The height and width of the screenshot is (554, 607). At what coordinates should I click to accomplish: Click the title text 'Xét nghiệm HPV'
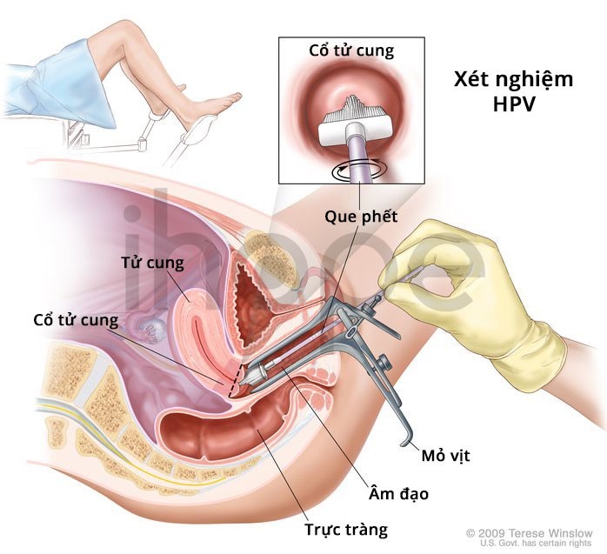[513, 91]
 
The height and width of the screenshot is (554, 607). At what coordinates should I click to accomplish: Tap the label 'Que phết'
[361, 217]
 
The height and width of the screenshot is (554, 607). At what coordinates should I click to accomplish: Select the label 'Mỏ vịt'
[445, 456]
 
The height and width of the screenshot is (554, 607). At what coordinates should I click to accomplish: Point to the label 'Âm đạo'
[398, 493]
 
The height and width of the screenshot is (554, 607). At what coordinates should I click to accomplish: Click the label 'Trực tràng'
[346, 530]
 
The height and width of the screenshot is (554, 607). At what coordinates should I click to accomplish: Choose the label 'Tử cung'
[153, 263]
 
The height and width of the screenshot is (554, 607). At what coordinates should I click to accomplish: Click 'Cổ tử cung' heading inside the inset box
[351, 51]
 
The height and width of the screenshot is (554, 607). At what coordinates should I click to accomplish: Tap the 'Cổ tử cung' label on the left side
[76, 321]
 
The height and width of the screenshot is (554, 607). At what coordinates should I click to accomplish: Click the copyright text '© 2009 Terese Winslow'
[529, 533]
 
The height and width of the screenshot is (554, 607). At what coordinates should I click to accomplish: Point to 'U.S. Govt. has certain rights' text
[537, 544]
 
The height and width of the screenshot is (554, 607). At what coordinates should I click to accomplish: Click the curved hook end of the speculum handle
[406, 441]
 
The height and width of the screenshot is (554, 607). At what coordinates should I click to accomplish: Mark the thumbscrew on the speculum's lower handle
[384, 363]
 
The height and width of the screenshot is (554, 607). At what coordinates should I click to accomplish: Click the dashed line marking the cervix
[236, 380]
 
